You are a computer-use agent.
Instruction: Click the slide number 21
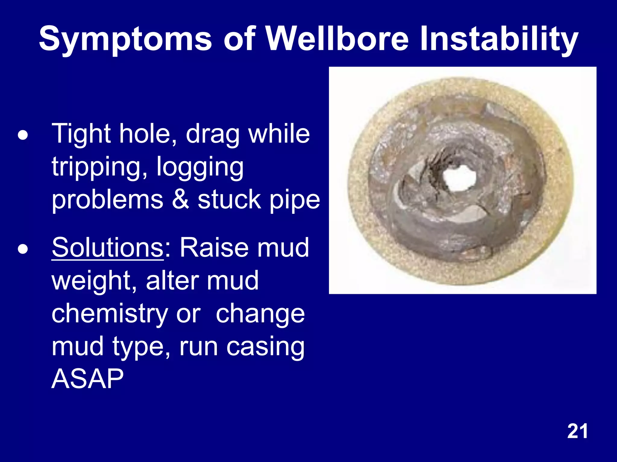click(577, 431)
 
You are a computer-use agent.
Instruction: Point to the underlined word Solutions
click(108, 247)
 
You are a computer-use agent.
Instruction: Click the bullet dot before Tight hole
click(23, 135)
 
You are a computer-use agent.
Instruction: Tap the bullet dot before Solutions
click(23, 249)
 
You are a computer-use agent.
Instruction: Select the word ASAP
click(87, 379)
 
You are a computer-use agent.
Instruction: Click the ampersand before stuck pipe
click(180, 200)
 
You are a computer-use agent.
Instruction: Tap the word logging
click(200, 168)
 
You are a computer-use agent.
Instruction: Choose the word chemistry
click(109, 314)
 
